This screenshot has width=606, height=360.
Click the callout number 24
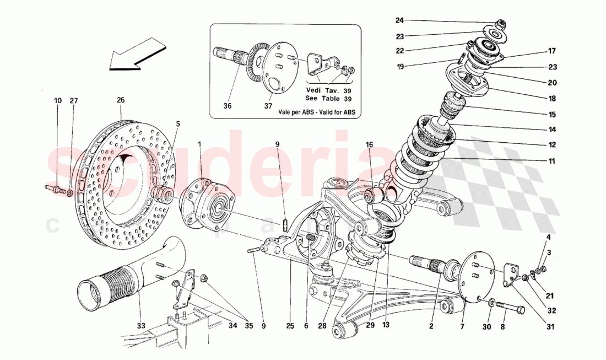click(x=399, y=20)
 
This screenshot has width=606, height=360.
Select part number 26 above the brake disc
click(x=121, y=100)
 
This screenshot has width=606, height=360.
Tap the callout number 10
click(x=58, y=100)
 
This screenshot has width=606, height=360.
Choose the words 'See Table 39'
click(x=329, y=99)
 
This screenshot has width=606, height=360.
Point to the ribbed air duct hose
click(x=118, y=278)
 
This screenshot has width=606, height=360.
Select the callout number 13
click(x=386, y=326)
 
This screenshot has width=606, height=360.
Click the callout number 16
click(x=369, y=144)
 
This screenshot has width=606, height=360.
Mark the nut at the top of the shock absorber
click(x=501, y=24)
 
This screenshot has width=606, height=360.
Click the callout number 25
click(x=289, y=326)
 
